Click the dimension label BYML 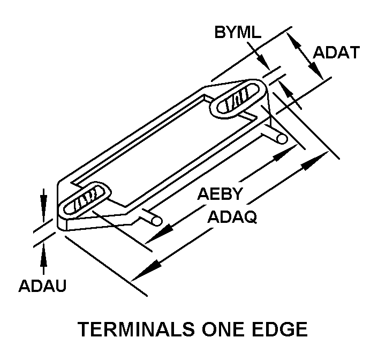coord(237,33)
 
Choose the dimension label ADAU coord(42,286)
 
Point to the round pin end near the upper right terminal coord(282,138)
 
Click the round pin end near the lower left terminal coord(156,219)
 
